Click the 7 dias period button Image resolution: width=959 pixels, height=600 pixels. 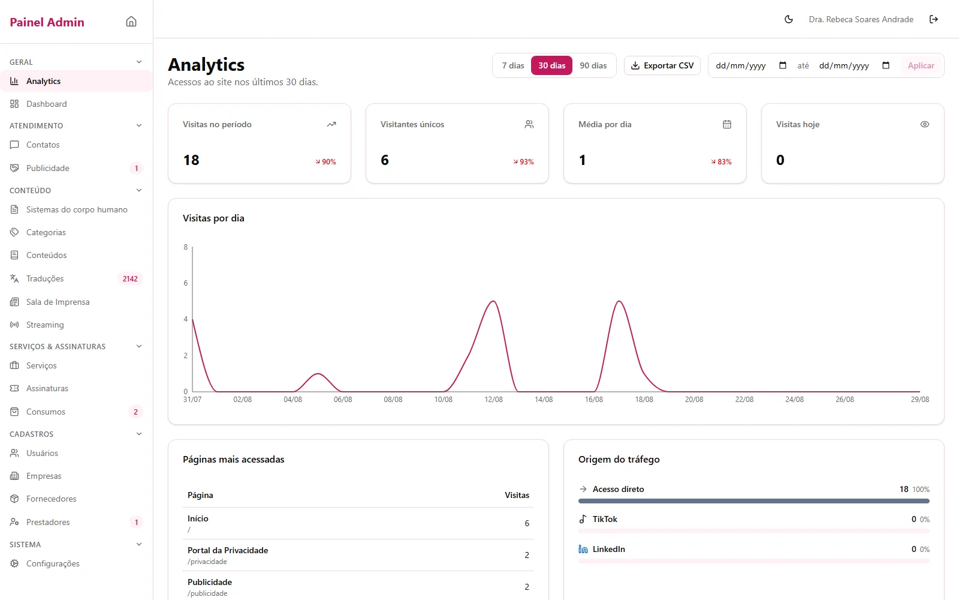coord(513,65)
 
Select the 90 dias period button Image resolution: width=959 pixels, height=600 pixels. coord(593,65)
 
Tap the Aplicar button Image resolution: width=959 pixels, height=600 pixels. coord(921,65)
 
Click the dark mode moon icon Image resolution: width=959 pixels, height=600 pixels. coord(789,19)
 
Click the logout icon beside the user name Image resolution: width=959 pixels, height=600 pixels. coord(934,19)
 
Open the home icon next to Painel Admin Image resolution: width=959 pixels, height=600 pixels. coord(131,22)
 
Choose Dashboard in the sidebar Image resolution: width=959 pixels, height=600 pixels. coord(46,104)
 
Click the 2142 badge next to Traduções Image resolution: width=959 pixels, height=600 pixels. coord(130,278)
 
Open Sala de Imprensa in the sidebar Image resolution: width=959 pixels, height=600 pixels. coord(58,302)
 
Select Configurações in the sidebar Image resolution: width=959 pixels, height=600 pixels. coord(53,563)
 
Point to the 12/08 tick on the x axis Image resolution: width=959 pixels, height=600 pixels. coord(493,400)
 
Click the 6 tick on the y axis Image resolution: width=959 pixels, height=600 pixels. coord(185,283)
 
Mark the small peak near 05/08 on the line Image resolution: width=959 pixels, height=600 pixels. coord(318,374)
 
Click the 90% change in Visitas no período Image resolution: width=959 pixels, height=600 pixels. coord(326,161)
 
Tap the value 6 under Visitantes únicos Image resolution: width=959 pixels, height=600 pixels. coord(384,160)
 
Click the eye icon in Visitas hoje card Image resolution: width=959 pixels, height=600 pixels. coord(925,124)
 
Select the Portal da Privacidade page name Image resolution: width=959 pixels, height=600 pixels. coord(228,550)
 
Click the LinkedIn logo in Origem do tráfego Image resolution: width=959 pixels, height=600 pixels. coord(583,549)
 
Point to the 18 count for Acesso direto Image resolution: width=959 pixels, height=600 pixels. coord(904,489)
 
